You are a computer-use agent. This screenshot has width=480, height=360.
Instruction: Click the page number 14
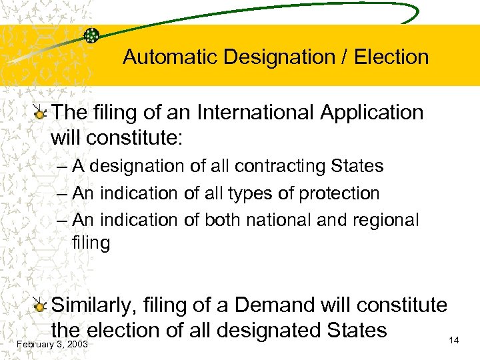tap(454, 341)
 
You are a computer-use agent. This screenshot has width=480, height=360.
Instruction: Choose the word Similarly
tap(92, 305)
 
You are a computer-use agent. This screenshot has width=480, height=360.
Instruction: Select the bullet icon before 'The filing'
tap(41, 114)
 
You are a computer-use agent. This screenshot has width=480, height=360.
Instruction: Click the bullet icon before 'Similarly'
tap(41, 307)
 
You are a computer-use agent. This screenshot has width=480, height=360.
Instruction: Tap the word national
tap(295, 219)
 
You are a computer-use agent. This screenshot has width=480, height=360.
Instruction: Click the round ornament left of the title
tap(92, 35)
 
